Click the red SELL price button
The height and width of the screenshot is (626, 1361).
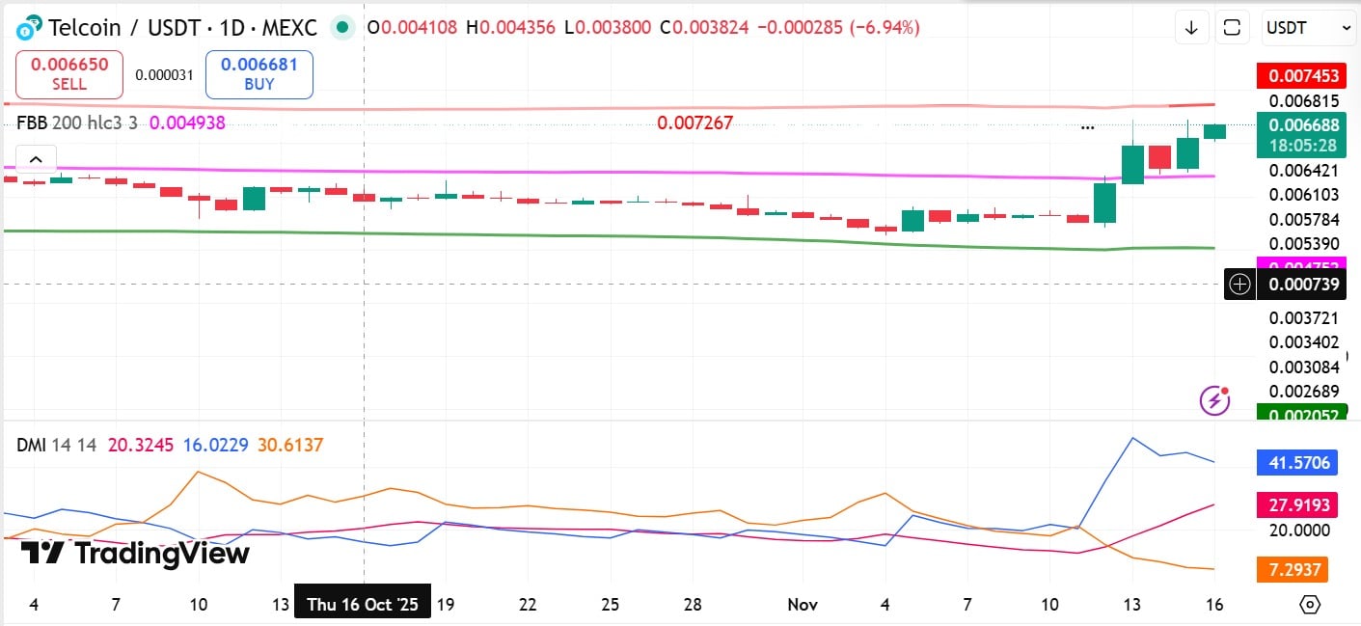[69, 74]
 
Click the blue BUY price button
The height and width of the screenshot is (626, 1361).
[259, 74]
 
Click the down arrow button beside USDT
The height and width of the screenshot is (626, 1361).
[1191, 28]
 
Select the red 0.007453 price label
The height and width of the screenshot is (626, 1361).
[1298, 75]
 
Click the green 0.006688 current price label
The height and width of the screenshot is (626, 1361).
[1298, 134]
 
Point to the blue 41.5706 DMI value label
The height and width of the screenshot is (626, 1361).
[1298, 463]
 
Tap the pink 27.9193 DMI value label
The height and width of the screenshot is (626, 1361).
[1298, 504]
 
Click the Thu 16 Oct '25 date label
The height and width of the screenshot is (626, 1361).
[363, 605]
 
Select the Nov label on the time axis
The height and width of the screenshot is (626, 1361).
[803, 605]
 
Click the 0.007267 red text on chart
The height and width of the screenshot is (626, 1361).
[694, 123]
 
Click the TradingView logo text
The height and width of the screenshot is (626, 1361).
[135, 553]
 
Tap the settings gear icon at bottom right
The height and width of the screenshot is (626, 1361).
[1310, 605]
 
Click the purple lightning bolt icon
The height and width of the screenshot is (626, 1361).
[1215, 399]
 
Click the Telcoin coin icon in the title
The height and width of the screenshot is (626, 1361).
[30, 27]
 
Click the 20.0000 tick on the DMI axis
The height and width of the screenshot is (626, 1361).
[1298, 531]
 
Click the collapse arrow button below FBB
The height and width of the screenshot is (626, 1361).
[36, 159]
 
